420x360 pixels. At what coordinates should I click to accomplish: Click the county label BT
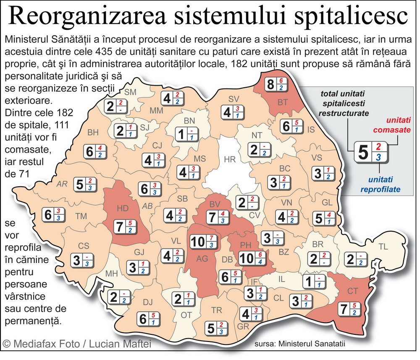pos(282,102)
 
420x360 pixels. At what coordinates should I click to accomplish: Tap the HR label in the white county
pos(230,159)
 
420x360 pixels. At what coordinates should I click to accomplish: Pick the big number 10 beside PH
pos(246,258)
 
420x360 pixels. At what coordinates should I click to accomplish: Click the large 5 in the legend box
pos(362,152)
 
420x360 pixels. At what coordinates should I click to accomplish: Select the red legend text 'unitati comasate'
pos(392,125)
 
